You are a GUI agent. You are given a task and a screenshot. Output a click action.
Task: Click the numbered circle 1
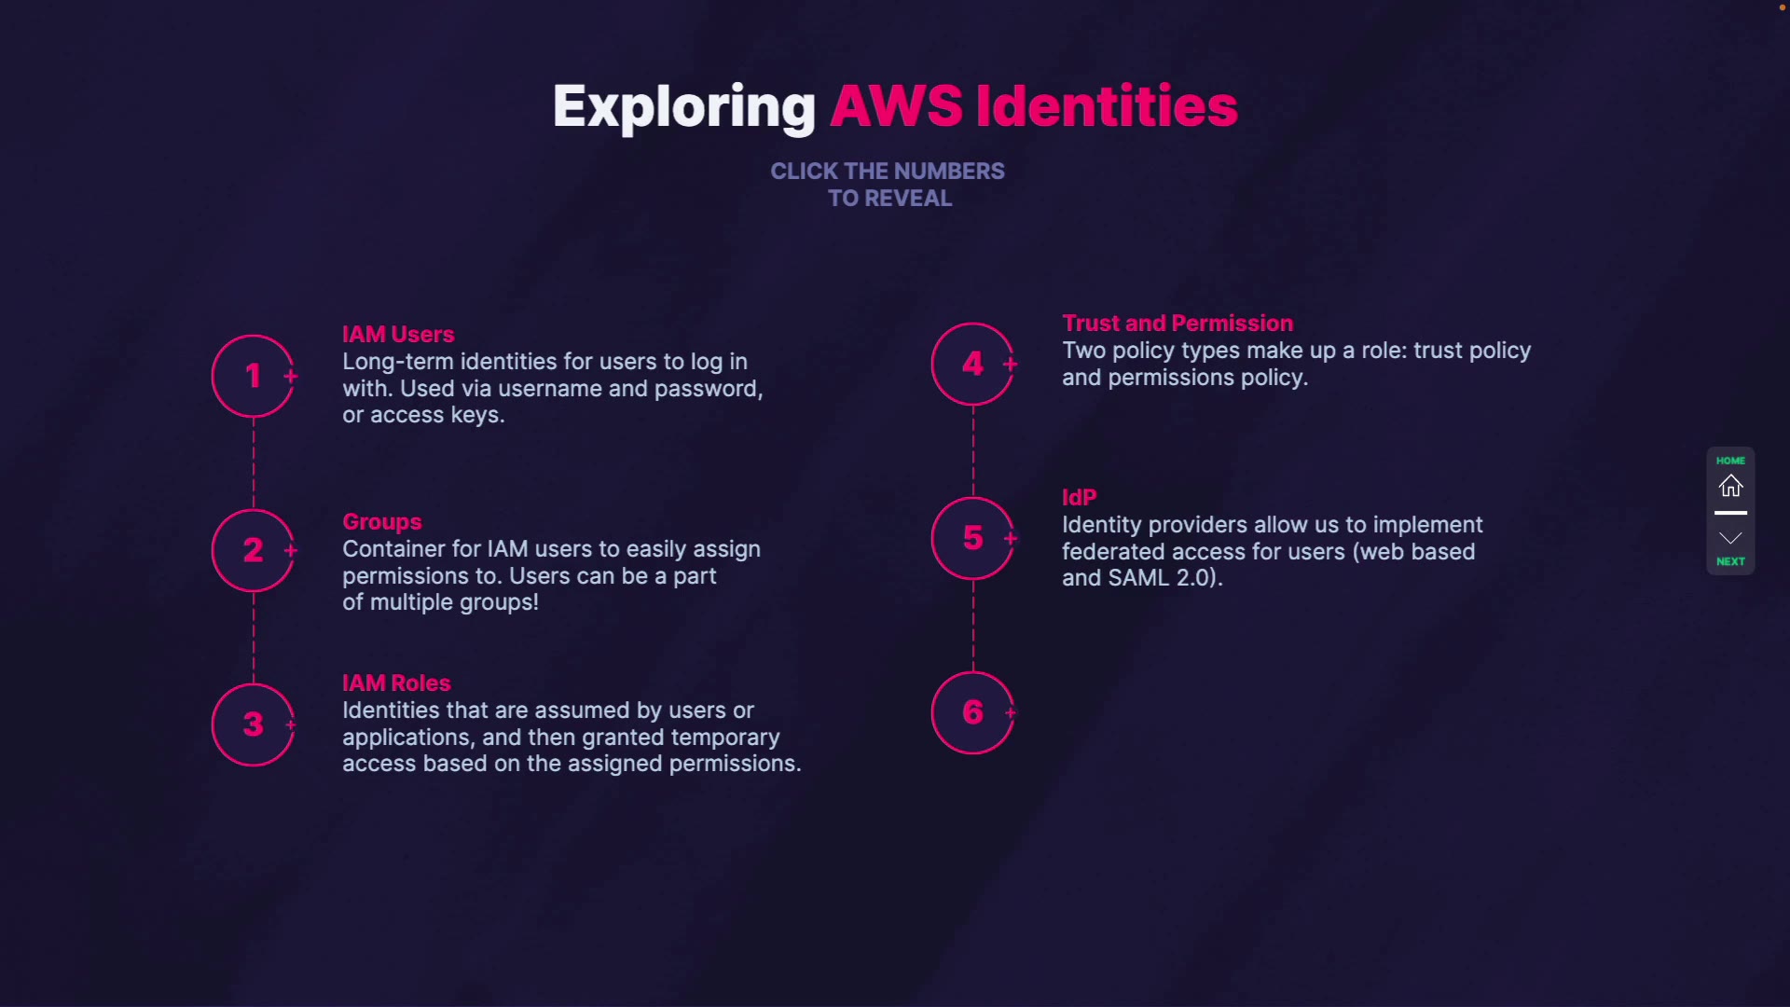253,376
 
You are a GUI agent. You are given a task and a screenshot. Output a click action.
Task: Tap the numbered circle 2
253,550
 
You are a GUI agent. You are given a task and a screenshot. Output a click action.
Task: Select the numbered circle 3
253,724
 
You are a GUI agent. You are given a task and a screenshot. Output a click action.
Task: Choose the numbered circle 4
972,364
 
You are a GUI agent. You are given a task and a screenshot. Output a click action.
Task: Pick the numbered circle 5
972,538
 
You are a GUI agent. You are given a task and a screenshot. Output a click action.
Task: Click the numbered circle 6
972,712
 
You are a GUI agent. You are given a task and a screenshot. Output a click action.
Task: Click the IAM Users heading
398,334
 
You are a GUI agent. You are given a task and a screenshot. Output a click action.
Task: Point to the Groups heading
381,521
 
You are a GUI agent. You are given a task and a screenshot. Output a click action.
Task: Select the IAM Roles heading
396,683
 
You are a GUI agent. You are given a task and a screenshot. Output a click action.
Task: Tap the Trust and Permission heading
1177,323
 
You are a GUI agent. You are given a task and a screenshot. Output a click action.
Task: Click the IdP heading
1079,497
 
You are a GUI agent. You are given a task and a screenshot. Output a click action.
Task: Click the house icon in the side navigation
1730,486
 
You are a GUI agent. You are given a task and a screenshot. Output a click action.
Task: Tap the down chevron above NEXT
1730,538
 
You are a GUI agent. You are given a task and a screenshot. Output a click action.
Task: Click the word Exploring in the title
683,106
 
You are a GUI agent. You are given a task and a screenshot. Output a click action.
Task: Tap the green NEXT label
1730,561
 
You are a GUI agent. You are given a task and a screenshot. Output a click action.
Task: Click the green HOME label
1730,461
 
